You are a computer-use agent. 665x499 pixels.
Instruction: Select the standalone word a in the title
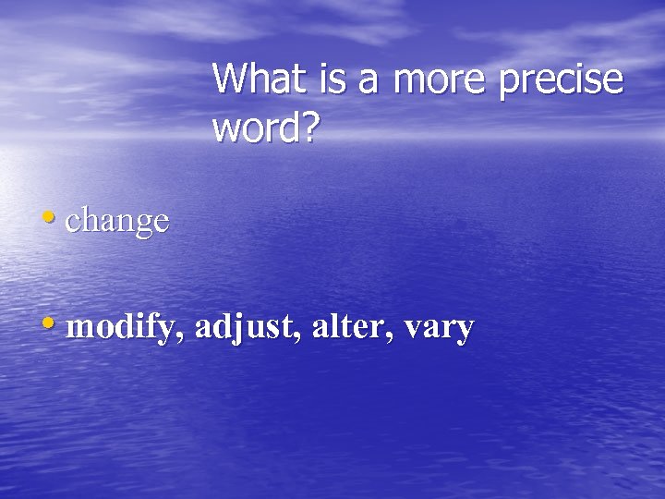tap(369, 83)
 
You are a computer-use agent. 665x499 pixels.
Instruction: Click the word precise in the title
tap(562, 81)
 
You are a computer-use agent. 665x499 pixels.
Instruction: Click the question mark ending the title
tap(308, 128)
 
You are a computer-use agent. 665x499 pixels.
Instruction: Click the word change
tap(117, 222)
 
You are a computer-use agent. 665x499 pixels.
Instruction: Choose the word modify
tap(124, 328)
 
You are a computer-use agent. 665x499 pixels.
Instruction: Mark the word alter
tap(351, 326)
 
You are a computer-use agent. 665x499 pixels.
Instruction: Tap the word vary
tap(441, 330)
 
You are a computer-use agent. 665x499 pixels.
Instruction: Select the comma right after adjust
tap(303, 337)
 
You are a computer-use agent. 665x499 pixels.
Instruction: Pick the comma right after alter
tap(398, 337)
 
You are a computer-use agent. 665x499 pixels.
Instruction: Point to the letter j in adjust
tap(241, 329)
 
